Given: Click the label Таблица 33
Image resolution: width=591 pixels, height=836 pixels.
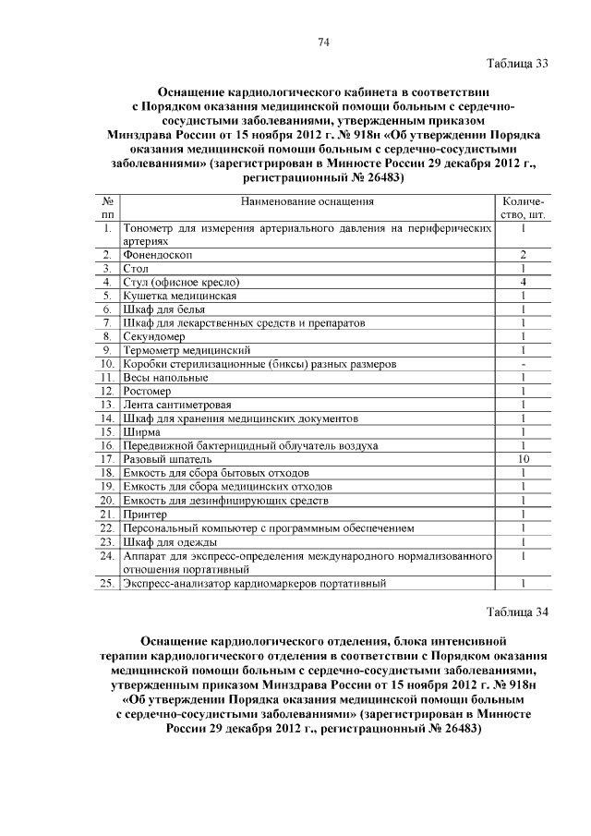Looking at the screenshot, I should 518,64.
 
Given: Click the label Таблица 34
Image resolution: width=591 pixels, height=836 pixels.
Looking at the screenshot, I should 518,612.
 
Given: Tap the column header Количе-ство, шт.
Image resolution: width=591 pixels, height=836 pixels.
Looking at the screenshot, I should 523,208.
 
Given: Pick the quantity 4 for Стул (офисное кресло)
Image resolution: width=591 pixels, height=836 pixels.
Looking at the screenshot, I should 523,282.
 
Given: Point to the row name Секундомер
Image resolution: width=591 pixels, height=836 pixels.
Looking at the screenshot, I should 150,337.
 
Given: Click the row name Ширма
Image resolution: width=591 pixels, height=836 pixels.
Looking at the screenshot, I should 140,431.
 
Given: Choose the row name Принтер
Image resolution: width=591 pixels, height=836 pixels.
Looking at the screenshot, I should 145,514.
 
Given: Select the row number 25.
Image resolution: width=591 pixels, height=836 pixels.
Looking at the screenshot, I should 107,583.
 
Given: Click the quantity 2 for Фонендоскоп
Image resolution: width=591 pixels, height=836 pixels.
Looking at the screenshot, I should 523,254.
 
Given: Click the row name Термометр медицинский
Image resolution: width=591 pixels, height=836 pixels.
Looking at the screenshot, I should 181,351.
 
